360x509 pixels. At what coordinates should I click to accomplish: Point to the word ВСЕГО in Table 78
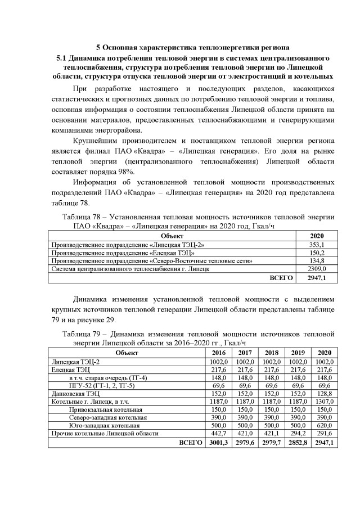click(x=282, y=277)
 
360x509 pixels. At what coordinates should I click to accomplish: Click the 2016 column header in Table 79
click(x=216, y=352)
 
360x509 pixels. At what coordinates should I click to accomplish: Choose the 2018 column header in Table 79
click(x=271, y=352)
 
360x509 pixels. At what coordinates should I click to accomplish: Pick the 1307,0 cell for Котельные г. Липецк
click(x=325, y=402)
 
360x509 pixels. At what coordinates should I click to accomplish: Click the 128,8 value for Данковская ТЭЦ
click(x=325, y=394)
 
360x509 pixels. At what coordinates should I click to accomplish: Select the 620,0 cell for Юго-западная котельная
click(x=325, y=425)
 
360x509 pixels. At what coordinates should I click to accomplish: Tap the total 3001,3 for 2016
click(x=216, y=443)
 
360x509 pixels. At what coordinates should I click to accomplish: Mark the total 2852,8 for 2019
click(x=299, y=443)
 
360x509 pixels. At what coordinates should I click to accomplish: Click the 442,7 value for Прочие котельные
click(x=216, y=434)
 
